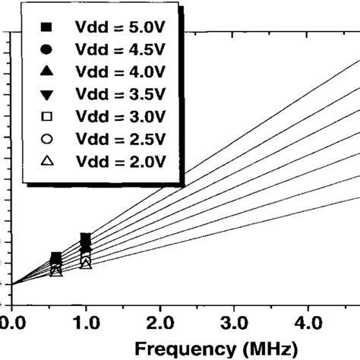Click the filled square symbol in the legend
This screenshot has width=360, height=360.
pos(46,27)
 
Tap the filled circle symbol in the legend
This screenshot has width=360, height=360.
pos(46,49)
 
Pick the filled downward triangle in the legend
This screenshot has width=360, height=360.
pos(46,93)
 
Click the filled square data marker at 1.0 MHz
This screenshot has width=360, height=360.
pos(86,239)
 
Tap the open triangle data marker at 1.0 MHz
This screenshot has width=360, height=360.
pos(86,263)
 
